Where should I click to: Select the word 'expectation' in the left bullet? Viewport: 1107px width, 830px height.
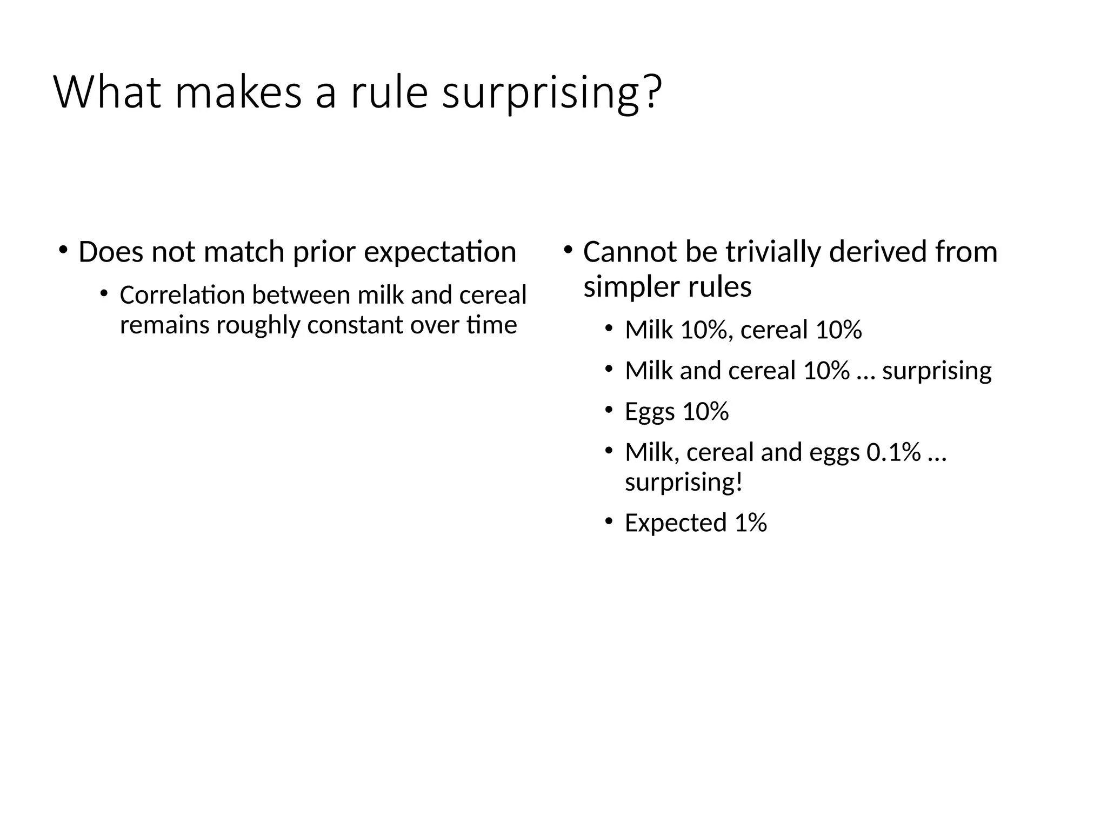tap(440, 252)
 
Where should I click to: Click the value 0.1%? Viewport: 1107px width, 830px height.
tap(893, 452)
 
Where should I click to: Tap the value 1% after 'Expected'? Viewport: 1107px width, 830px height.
tap(751, 523)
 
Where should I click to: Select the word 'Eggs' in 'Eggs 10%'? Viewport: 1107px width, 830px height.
tap(650, 412)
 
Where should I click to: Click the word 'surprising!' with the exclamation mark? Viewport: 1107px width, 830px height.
tap(684, 482)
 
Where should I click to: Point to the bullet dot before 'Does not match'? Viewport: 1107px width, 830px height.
tap(63, 250)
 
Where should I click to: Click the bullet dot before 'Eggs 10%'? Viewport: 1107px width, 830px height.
tap(609, 409)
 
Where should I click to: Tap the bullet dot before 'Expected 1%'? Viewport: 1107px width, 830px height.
tap(609, 520)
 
